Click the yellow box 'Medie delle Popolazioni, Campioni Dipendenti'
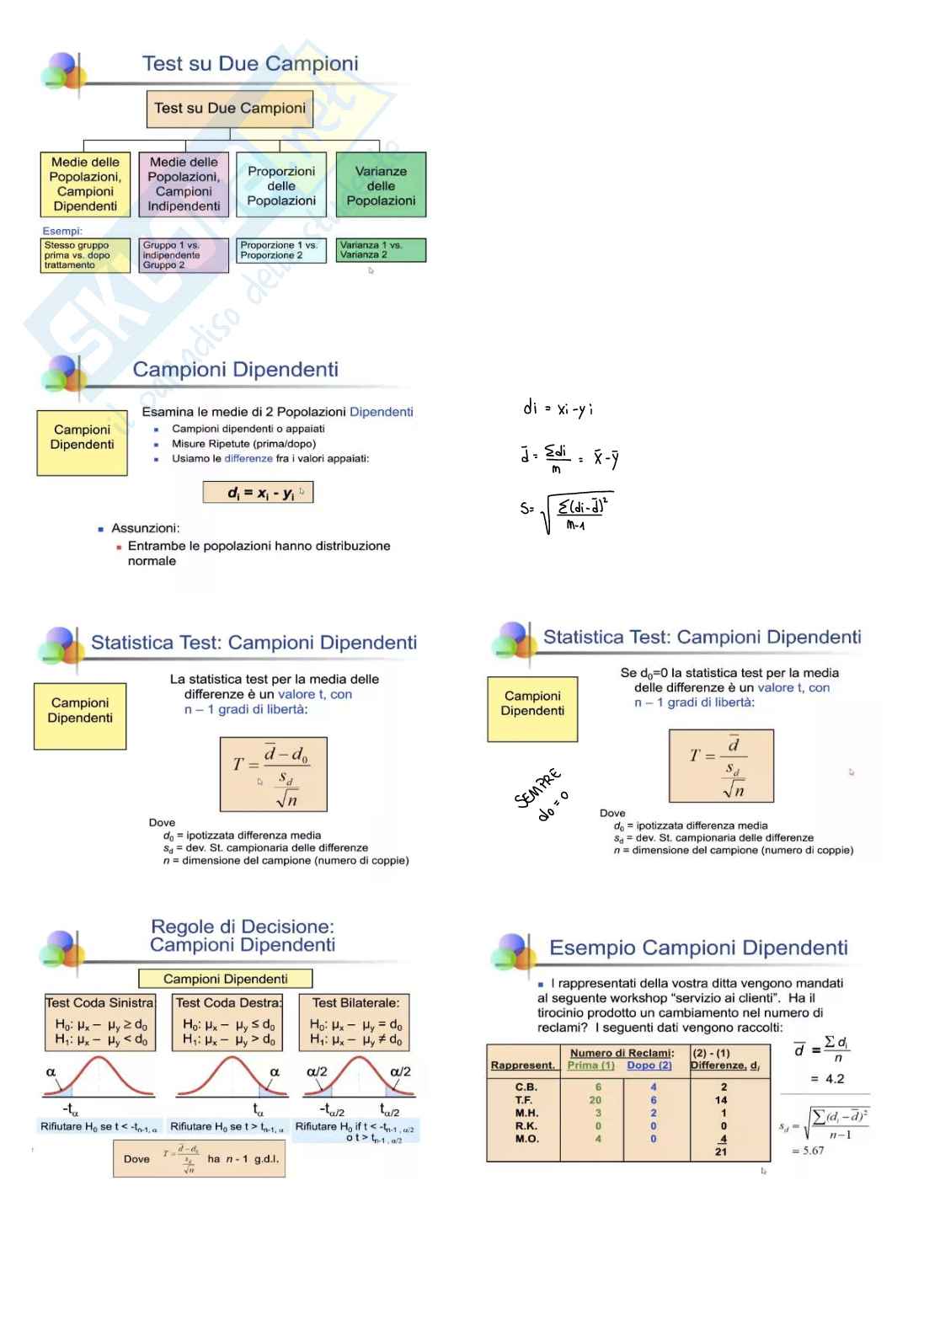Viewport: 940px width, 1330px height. (85, 184)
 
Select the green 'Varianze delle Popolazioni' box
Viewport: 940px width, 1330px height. (381, 185)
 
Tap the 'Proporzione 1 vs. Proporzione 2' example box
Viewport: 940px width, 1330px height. (280, 250)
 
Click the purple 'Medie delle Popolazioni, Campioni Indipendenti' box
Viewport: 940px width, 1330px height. (184, 184)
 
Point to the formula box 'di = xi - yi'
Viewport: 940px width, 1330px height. (258, 493)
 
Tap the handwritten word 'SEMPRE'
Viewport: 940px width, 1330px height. (537, 788)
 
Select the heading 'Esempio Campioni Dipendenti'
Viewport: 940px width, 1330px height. (698, 948)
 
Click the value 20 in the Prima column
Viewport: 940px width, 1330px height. (596, 1100)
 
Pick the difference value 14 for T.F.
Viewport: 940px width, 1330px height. (721, 1100)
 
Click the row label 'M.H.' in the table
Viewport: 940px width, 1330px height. (526, 1113)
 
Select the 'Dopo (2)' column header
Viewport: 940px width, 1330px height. (649, 1066)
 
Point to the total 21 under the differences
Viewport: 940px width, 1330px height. (721, 1151)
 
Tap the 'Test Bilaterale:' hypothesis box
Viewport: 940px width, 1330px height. (355, 1022)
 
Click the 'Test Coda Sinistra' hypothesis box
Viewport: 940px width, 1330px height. (100, 1022)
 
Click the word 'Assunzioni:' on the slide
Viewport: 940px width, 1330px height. (145, 528)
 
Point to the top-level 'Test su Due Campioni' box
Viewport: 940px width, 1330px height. (230, 109)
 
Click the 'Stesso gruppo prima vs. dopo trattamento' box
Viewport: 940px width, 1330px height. (86, 255)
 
